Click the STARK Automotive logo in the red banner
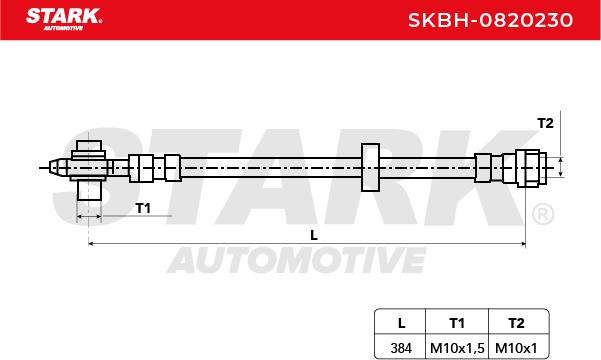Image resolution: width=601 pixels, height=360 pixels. tap(64, 19)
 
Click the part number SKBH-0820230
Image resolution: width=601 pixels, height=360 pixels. tap(490, 20)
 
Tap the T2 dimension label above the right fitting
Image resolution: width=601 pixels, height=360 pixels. tap(545, 123)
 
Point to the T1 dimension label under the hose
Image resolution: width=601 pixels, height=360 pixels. tap(143, 209)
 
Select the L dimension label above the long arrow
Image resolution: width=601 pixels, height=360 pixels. tap(314, 235)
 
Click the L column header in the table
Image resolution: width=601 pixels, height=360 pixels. tap(401, 323)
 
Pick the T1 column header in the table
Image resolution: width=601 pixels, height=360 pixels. tap(457, 323)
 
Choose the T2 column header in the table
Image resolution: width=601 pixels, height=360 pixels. tap(516, 323)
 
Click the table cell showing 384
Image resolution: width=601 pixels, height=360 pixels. tap(401, 348)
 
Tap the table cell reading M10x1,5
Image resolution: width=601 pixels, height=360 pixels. tap(457, 348)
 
